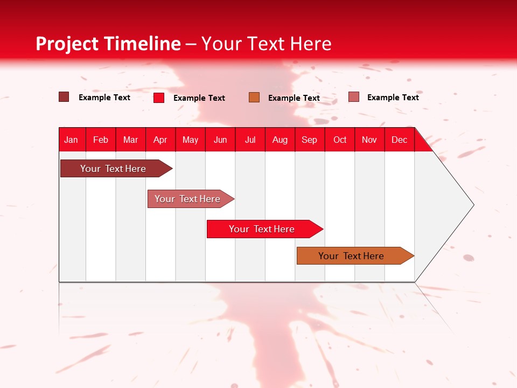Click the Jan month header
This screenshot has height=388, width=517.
coord(71,140)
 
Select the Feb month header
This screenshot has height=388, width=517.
coord(101,140)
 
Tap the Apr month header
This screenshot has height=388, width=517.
coord(160,140)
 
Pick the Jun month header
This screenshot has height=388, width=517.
coord(220,140)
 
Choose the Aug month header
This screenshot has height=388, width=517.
coord(280,140)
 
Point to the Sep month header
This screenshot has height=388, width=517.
coord(309,140)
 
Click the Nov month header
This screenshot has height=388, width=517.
coord(369,140)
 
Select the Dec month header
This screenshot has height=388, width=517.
coord(399,140)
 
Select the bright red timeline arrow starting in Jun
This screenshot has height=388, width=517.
coord(262,229)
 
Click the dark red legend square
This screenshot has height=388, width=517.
coord(64,97)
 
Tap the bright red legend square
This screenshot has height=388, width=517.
coord(159,98)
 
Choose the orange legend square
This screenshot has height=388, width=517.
coord(254,97)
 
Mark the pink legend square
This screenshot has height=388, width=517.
coord(353,97)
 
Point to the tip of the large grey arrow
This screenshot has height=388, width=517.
coord(472,205)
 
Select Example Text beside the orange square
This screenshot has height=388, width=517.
coord(294,98)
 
